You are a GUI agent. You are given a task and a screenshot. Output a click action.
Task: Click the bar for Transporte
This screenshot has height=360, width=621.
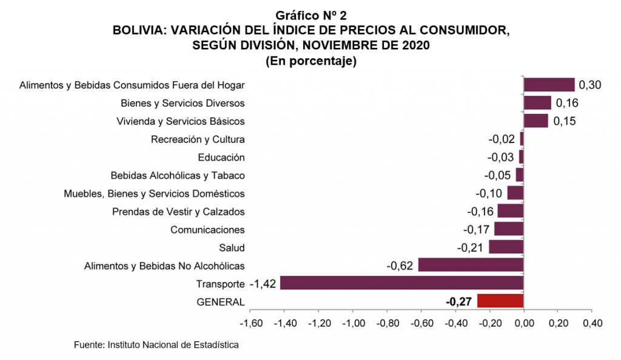401,283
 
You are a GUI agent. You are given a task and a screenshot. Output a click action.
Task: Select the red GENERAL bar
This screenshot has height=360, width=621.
500,301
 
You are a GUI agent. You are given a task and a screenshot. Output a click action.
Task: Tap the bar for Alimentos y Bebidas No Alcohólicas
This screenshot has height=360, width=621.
471,265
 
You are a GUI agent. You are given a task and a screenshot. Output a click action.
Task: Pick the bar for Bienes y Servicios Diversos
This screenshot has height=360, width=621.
537,102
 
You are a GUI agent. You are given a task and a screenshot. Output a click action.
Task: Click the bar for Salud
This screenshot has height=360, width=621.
506,247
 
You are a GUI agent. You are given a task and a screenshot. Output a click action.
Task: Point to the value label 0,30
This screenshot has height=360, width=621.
589,85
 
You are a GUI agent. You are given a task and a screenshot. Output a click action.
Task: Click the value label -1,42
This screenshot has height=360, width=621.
263,284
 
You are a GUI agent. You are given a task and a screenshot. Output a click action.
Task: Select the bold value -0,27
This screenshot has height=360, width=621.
459,302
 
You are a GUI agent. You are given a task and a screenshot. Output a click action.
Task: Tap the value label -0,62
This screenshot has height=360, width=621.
400,265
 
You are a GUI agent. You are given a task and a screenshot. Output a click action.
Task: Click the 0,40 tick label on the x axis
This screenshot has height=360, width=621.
592,322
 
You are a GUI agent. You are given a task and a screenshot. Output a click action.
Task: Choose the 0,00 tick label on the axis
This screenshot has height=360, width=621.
523,322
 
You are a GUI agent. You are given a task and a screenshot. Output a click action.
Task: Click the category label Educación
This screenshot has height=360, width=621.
221,158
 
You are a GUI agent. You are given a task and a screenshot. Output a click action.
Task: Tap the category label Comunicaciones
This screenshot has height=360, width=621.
207,230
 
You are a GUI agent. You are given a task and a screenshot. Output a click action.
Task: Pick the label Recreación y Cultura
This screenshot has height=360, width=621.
198,139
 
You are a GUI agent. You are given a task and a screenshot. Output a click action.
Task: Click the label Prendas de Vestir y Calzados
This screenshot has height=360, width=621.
178,212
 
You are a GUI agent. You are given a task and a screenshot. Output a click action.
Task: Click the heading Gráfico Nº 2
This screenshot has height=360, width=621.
310,15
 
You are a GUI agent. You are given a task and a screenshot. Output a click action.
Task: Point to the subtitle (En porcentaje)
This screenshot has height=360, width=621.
310,61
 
